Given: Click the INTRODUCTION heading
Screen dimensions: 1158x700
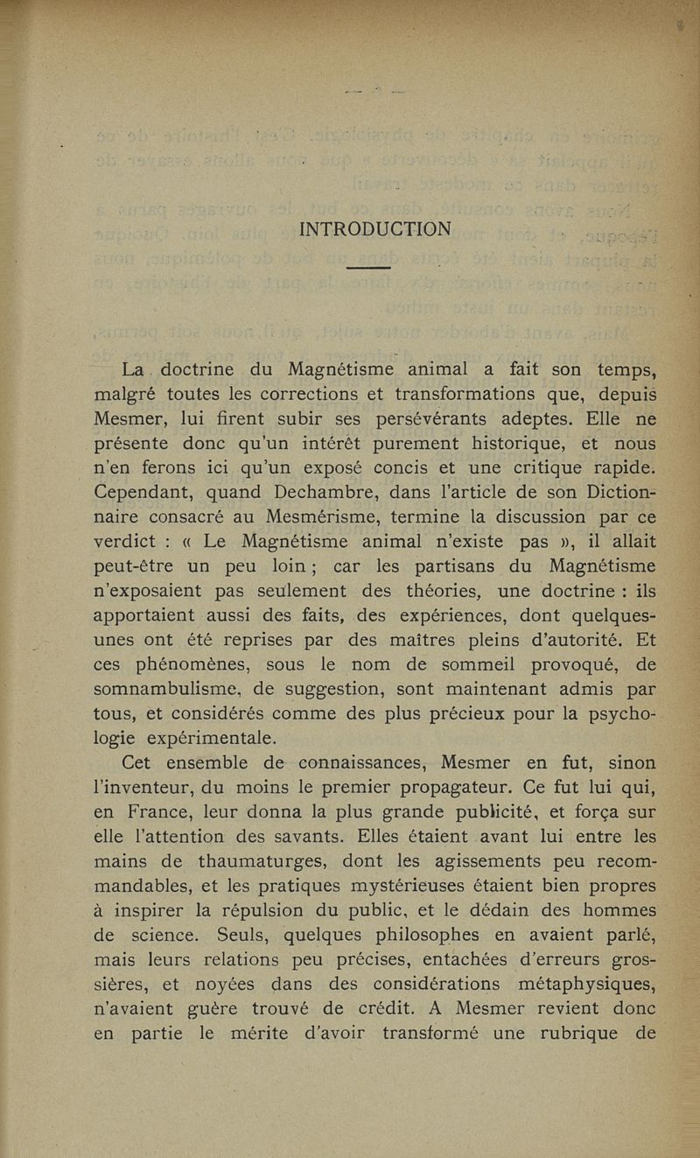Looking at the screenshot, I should click(x=375, y=229).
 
